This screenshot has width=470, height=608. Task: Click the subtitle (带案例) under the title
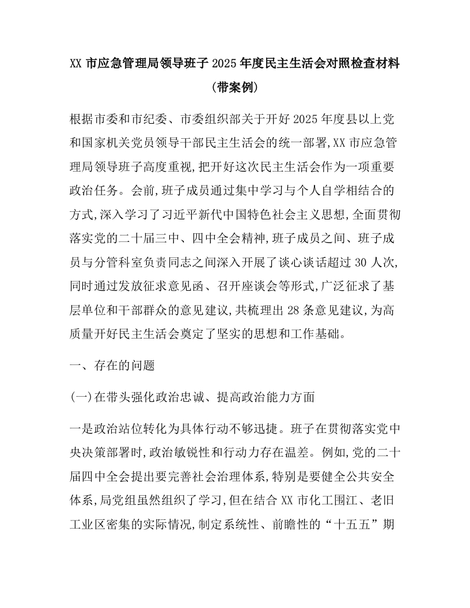(x=234, y=88)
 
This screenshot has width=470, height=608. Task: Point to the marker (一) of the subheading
(x=78, y=397)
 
